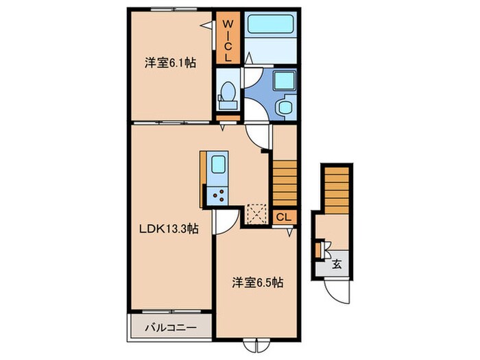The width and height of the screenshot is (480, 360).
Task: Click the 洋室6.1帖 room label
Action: click(169, 63)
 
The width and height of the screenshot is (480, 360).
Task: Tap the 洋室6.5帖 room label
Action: click(258, 281)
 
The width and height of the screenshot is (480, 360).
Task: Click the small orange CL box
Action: click(284, 217)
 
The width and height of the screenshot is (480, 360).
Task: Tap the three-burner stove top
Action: click(219, 195)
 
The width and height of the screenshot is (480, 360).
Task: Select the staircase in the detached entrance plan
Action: click(337, 189)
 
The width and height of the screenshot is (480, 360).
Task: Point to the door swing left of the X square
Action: click(225, 220)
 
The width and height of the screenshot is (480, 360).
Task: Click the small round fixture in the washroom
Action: click(283, 108)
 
